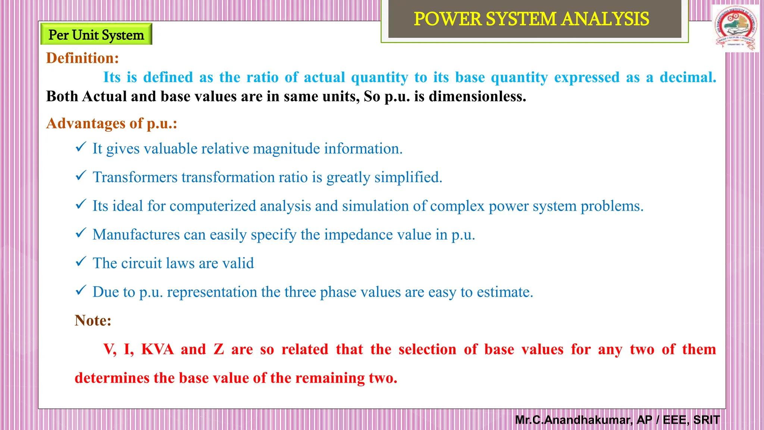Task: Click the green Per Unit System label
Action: pyautogui.click(x=96, y=35)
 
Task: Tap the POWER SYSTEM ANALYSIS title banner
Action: pyautogui.click(x=531, y=19)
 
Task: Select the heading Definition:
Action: pyautogui.click(x=82, y=58)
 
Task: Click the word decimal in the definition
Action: pyautogui.click(x=688, y=77)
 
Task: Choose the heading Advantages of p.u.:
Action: pyautogui.click(x=112, y=123)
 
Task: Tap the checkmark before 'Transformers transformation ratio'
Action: pyautogui.click(x=81, y=175)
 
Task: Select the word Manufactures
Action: pyautogui.click(x=136, y=235)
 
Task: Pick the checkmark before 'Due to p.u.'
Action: pyautogui.click(x=81, y=290)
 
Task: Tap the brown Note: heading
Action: pyautogui.click(x=93, y=320)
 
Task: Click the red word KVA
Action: pyautogui.click(x=157, y=349)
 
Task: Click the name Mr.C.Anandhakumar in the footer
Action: pyautogui.click(x=573, y=420)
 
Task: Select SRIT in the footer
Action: pyautogui.click(x=706, y=420)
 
